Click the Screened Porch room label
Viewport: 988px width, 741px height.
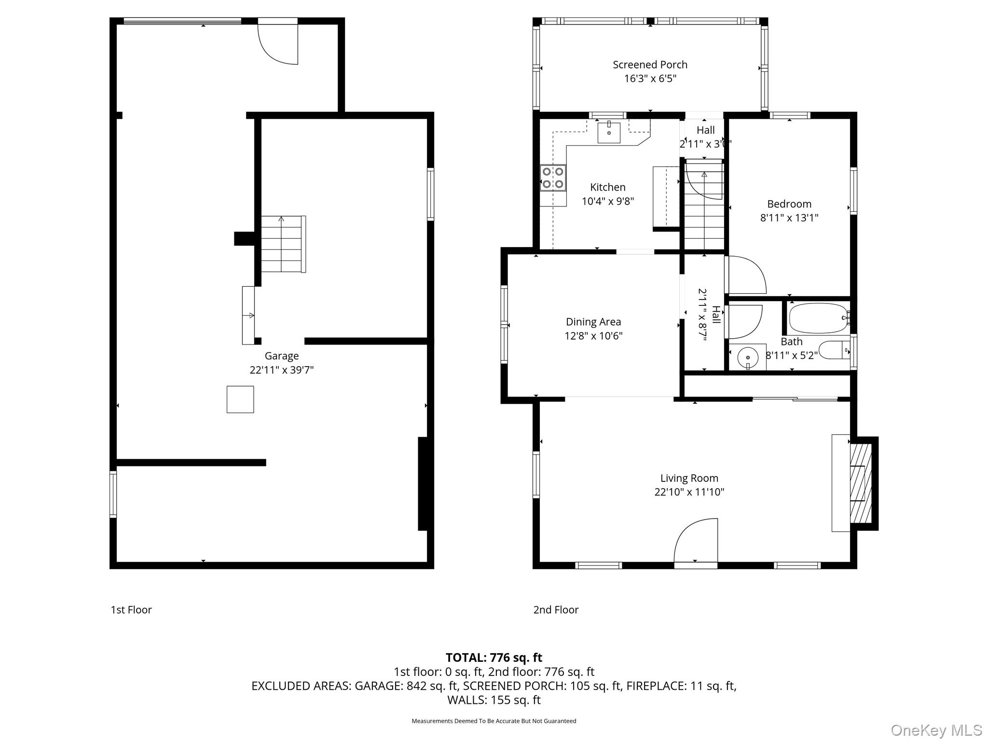650,65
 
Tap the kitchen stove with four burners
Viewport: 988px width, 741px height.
553,178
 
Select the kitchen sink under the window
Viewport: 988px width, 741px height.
609,133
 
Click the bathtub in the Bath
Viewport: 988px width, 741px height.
818,318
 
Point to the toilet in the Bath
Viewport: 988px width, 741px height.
834,350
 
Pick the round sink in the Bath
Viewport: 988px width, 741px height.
747,357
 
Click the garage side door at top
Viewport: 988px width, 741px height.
278,42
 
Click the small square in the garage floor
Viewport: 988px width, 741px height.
240,399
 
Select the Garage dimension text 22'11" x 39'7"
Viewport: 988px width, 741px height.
281,370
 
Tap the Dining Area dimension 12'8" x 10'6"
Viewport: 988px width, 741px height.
593,336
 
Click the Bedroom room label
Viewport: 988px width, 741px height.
789,204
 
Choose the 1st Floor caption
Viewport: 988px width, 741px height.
131,610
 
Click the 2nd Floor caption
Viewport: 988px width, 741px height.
556,610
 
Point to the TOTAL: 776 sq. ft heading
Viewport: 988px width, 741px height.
494,658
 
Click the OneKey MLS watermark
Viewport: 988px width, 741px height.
936,730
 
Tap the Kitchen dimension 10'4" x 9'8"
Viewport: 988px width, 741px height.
607,201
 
